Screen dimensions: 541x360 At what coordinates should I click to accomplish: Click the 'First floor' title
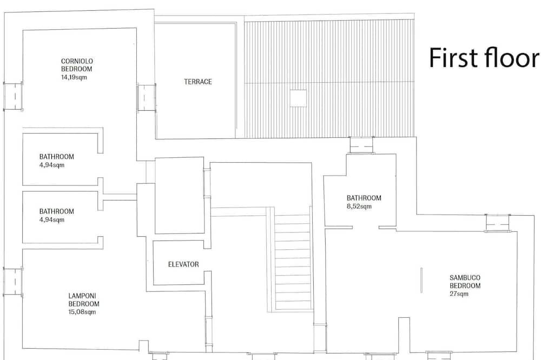coord(484,58)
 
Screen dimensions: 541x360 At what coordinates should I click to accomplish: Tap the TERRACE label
coord(197,82)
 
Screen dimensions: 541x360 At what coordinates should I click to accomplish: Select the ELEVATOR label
coord(183,264)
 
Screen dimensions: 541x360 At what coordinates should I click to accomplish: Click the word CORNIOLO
coord(77,61)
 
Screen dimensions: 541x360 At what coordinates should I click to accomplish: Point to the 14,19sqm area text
coord(74,77)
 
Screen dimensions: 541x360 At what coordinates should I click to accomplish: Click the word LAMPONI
coord(82,296)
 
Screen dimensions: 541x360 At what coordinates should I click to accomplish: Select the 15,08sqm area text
coord(82,312)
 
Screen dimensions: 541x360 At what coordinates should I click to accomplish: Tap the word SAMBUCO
coord(465,278)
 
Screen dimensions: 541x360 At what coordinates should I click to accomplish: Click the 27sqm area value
coord(459,294)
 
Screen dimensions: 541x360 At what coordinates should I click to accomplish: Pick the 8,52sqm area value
coord(359,206)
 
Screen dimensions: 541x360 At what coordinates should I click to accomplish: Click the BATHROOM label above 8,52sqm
coord(364,198)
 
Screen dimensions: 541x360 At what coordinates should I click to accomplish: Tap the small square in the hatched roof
coord(298,98)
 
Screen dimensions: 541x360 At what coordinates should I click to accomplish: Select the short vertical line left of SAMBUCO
coord(421,281)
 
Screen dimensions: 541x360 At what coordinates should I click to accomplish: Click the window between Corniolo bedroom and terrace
coord(146,98)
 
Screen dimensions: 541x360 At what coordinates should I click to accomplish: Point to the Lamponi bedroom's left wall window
coord(13,282)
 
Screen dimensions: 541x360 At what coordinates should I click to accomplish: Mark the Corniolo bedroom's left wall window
coord(13,96)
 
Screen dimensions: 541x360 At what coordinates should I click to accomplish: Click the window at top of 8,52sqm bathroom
coord(361,145)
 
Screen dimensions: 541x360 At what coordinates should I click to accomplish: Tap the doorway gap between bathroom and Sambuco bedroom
coord(366,228)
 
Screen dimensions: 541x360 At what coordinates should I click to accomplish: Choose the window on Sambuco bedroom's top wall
coord(498,223)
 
